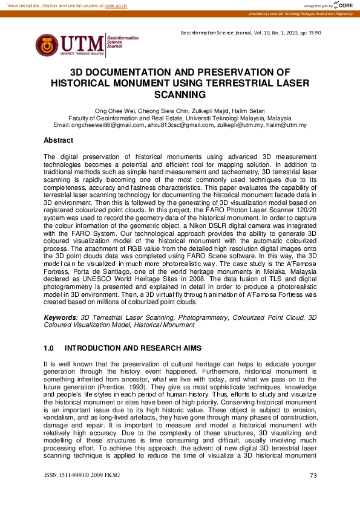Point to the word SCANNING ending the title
pyautogui.click(x=180, y=94)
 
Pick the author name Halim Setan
pyautogui.click(x=232, y=111)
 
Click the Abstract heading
pyautogui.click(x=58, y=140)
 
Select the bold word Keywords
pyautogui.click(x=60, y=317)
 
